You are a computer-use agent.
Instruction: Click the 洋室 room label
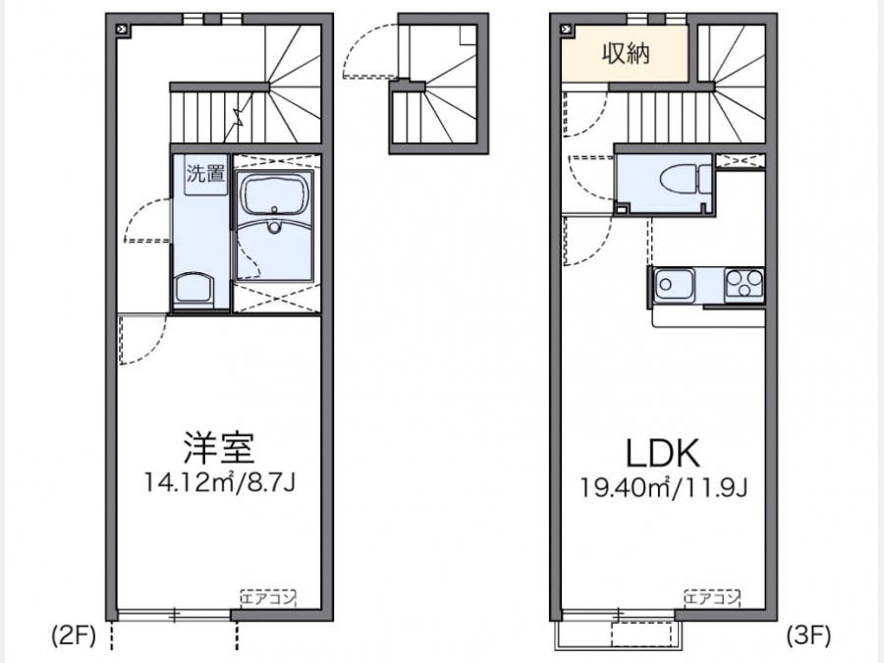pos(219,447)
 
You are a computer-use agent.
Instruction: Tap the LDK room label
pos(663,453)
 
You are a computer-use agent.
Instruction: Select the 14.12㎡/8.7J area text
pos(219,482)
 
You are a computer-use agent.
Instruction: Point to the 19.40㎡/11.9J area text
pos(664,487)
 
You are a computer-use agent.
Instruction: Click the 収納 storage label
pos(626,54)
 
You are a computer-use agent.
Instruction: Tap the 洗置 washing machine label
pos(205,174)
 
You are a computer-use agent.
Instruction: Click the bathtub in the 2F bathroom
pos(275,193)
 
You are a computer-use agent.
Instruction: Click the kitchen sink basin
pos(673,284)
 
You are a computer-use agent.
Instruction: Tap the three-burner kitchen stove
pos(744,284)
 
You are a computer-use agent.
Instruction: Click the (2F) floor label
pos(75,635)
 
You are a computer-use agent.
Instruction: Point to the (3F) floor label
pos(808,635)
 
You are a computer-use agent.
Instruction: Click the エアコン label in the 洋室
pos(268,597)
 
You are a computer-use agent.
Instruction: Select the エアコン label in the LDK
pos(712,597)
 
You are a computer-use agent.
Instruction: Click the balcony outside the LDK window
pos(619,635)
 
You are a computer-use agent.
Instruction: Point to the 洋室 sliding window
pos(174,615)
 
